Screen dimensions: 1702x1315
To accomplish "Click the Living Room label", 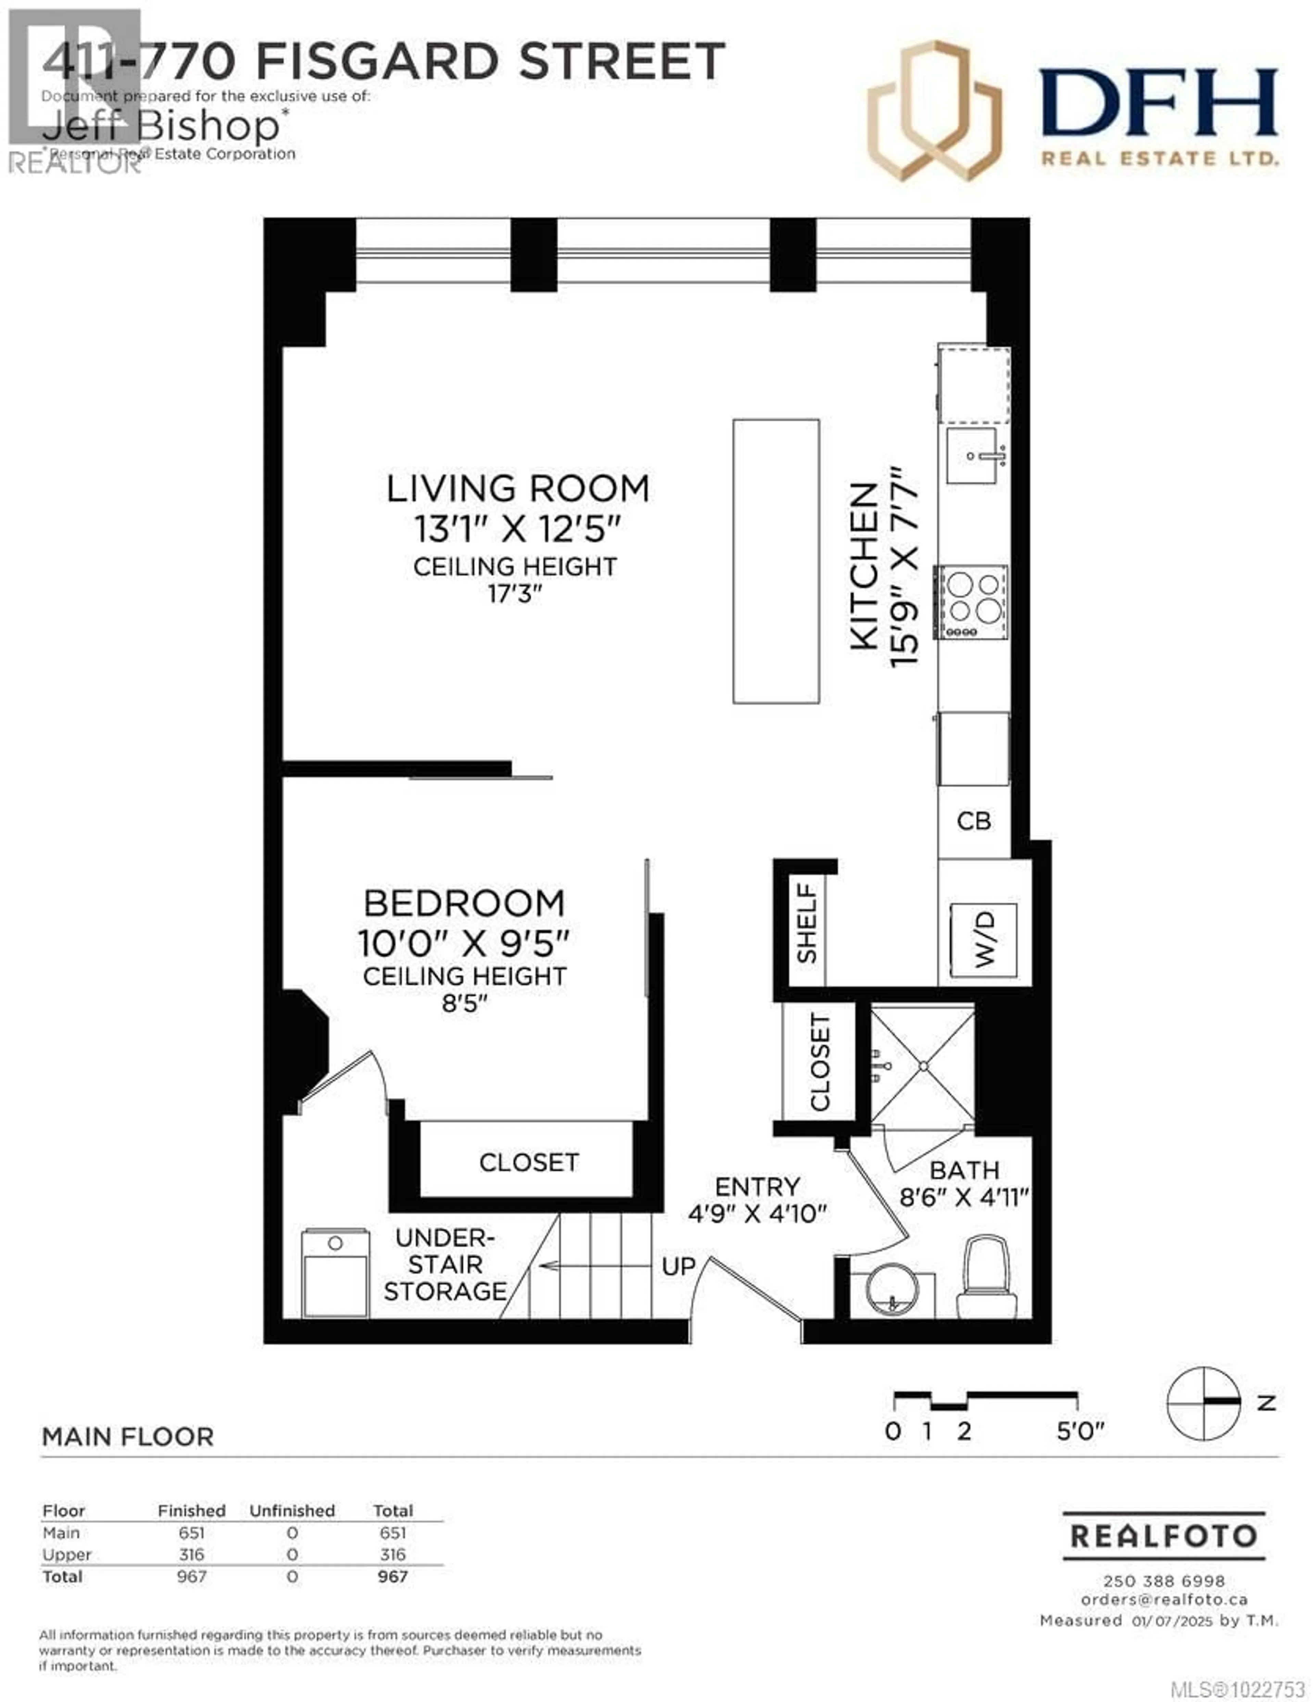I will (x=517, y=489).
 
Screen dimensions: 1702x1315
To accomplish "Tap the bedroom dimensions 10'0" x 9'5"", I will (x=464, y=944).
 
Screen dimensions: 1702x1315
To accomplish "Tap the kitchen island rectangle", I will (x=776, y=561).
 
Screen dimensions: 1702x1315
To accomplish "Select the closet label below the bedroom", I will (x=528, y=1163).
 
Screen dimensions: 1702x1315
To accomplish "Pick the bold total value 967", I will (x=393, y=1577).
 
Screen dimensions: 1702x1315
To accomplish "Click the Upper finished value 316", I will (x=191, y=1555).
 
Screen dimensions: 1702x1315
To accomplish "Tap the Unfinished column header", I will (x=292, y=1510).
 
